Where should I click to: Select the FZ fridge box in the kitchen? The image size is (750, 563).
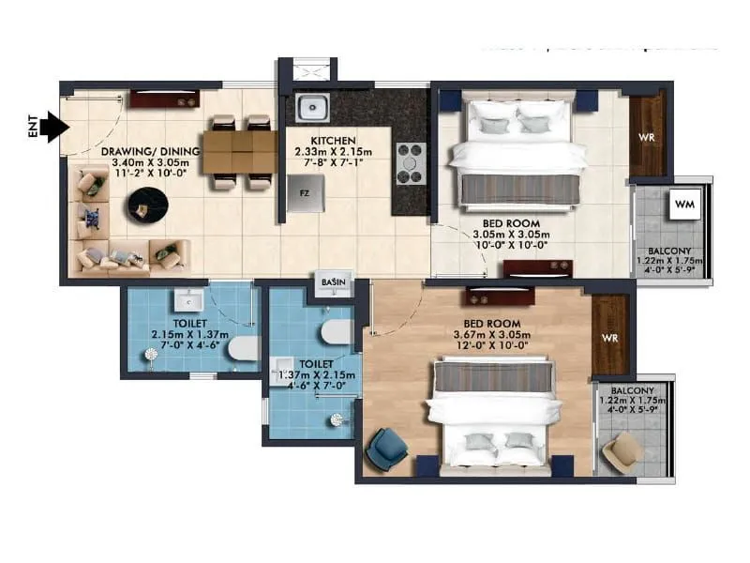pyautogui.click(x=304, y=194)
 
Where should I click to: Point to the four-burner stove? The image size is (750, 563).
pyautogui.click(x=411, y=163)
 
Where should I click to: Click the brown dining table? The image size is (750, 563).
pyautogui.click(x=239, y=151)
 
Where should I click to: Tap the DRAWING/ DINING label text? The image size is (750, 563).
pyautogui.click(x=150, y=150)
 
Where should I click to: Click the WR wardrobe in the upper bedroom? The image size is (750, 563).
pyautogui.click(x=646, y=137)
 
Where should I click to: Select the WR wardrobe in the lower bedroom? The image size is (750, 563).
pyautogui.click(x=609, y=336)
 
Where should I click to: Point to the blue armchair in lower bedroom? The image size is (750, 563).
pyautogui.click(x=385, y=449)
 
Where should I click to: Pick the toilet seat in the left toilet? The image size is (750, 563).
pyautogui.click(x=242, y=349)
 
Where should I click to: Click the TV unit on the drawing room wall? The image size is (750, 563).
pyautogui.click(x=163, y=98)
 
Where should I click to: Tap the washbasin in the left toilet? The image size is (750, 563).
pyautogui.click(x=190, y=300)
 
